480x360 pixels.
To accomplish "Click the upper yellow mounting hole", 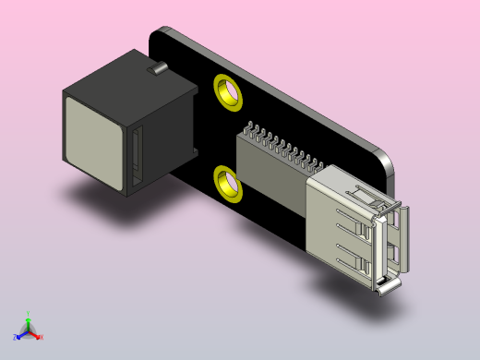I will click(x=227, y=91).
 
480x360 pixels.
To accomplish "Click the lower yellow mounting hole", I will click(x=227, y=182).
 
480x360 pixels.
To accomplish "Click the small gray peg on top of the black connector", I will click(x=158, y=67).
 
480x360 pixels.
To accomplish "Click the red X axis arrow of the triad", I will click(x=35, y=336).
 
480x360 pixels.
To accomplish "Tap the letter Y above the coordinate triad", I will click(x=28, y=314).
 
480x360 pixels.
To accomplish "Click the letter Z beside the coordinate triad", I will click(x=14, y=338).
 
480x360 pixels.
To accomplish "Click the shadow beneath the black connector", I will click(x=102, y=198).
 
